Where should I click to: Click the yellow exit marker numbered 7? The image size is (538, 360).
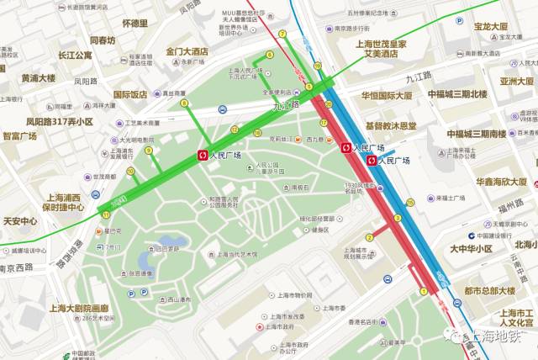282,34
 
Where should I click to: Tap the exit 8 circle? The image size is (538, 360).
183,103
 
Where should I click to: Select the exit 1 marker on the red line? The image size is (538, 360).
424,292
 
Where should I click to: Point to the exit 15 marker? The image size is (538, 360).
410,203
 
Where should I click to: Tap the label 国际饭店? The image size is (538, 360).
130,95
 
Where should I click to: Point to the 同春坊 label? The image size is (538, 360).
103,40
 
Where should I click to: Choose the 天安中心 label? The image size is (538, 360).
20,221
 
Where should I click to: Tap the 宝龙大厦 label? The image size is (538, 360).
491,27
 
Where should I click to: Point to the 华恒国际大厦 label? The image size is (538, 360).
387,95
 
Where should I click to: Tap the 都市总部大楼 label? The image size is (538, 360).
489,291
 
